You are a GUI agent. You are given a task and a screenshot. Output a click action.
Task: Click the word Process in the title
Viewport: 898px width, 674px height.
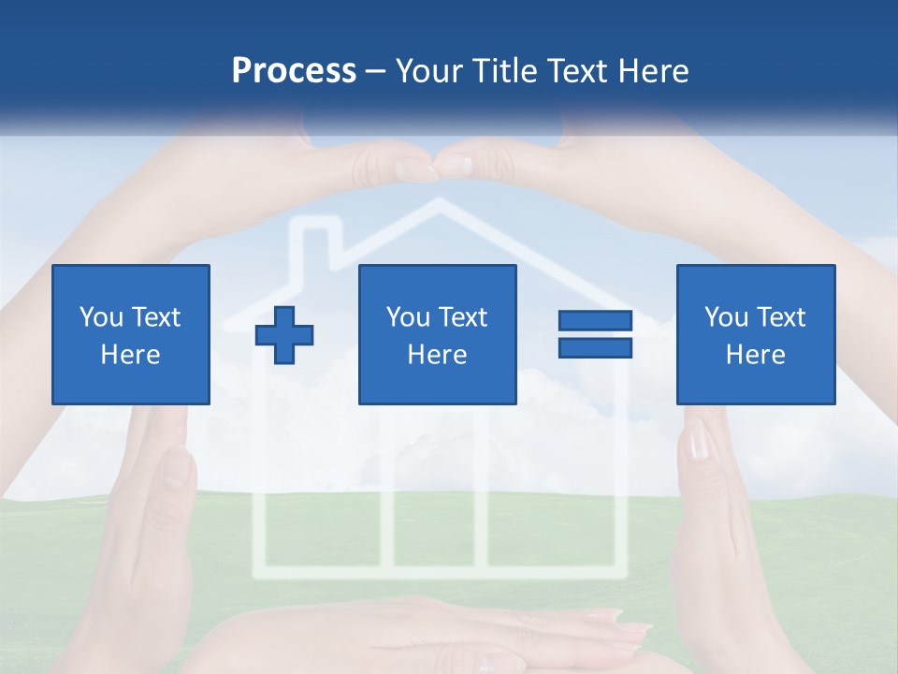point(294,71)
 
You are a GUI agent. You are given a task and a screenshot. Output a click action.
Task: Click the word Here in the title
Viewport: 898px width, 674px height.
point(655,71)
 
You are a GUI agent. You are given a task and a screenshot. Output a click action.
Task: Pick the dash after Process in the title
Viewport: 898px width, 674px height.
point(376,72)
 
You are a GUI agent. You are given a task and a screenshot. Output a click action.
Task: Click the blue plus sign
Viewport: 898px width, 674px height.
point(284,334)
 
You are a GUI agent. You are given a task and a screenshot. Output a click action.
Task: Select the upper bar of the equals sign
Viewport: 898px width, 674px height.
point(595,321)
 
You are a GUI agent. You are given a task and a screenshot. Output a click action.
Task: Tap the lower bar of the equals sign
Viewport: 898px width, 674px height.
point(595,347)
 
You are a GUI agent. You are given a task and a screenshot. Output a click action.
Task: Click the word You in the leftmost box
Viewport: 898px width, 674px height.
point(101,317)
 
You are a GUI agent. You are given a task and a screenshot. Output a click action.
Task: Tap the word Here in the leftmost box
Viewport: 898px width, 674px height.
point(130,355)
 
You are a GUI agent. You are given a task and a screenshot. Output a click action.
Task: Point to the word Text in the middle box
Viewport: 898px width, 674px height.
point(463,317)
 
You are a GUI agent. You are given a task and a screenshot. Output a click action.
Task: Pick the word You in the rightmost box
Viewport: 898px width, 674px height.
point(726,317)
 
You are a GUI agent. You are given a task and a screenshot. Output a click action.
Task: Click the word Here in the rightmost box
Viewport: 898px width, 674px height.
point(755,355)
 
